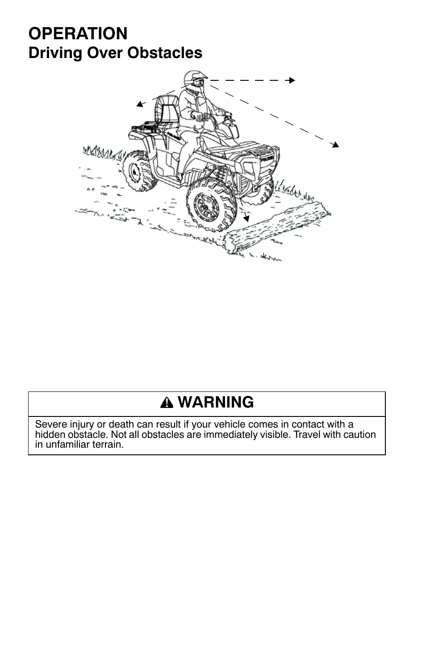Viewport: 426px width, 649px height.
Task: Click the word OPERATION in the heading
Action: point(78,33)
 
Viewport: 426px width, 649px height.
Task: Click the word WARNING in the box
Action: point(215,402)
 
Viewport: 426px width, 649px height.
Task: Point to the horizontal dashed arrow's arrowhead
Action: point(292,80)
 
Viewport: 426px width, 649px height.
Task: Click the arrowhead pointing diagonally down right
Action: point(335,144)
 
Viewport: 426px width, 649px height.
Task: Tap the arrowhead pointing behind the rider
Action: point(140,104)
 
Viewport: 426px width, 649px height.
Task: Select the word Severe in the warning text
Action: point(48,424)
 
